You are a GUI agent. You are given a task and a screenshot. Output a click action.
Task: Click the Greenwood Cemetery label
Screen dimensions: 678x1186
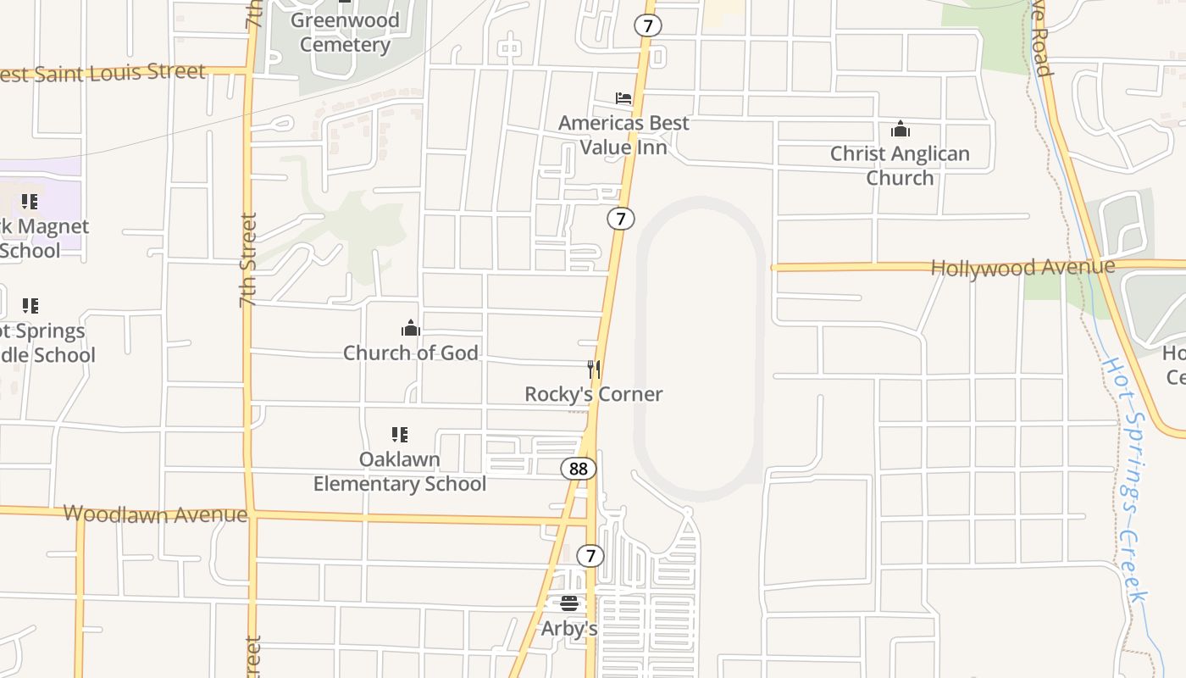point(345,32)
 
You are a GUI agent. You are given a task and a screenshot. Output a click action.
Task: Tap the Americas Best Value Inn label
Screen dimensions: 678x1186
point(623,135)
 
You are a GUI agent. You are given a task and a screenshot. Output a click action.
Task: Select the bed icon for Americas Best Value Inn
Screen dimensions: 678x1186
point(623,99)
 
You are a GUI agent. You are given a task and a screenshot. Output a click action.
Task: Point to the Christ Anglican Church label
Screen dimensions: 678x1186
point(900,165)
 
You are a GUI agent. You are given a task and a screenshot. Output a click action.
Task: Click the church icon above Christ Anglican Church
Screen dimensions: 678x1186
point(900,130)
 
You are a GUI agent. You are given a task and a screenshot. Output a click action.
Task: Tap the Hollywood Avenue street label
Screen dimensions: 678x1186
point(1023,268)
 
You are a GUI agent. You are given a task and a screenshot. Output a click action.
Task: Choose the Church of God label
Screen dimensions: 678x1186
point(411,353)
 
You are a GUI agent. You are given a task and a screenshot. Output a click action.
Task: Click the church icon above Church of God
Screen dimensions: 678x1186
point(411,328)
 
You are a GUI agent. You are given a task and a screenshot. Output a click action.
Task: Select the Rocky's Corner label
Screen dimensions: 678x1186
point(594,394)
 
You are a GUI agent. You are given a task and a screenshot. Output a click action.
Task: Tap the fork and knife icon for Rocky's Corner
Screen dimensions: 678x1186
point(594,370)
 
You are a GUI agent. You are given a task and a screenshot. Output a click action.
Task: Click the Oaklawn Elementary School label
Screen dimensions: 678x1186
point(400,471)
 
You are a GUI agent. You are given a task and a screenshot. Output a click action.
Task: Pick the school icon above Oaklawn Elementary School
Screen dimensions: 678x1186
point(400,435)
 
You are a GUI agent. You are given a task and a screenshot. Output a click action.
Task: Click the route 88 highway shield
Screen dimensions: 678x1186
point(579,469)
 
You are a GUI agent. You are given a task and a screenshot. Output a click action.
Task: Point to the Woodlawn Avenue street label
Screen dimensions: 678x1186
point(155,514)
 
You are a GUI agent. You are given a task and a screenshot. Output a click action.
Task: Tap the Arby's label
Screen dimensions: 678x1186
point(569,629)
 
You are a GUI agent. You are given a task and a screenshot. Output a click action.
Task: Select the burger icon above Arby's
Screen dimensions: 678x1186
point(569,603)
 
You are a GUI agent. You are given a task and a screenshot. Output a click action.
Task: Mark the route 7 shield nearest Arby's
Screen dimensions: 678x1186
point(590,556)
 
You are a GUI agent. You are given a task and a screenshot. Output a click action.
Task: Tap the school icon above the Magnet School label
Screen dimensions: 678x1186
point(30,202)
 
